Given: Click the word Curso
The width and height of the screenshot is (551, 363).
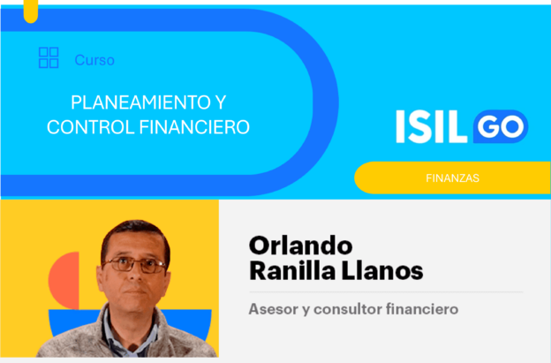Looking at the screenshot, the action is click(94, 60).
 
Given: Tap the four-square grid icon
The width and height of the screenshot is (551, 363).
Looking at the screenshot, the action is click(49, 57).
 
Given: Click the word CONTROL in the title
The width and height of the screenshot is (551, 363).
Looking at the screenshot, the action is click(91, 127).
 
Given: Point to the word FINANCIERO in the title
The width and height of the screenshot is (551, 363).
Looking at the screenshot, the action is click(194, 127).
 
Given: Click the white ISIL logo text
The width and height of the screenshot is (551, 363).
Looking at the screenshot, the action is click(432, 126).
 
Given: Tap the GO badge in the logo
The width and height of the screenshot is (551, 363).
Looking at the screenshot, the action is click(501, 126).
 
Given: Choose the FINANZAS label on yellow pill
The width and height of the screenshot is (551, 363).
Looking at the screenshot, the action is click(453, 178).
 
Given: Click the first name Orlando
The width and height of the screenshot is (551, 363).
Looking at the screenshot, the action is click(301, 245).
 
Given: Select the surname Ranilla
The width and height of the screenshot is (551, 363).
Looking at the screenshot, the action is click(292, 270).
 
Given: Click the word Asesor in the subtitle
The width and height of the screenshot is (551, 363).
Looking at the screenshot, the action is click(273, 309).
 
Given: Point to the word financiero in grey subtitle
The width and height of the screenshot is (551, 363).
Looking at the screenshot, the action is click(422, 309).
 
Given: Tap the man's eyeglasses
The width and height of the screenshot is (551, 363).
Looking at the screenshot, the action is click(135, 265).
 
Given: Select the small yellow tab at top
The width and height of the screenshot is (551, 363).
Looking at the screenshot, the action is click(31, 11).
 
